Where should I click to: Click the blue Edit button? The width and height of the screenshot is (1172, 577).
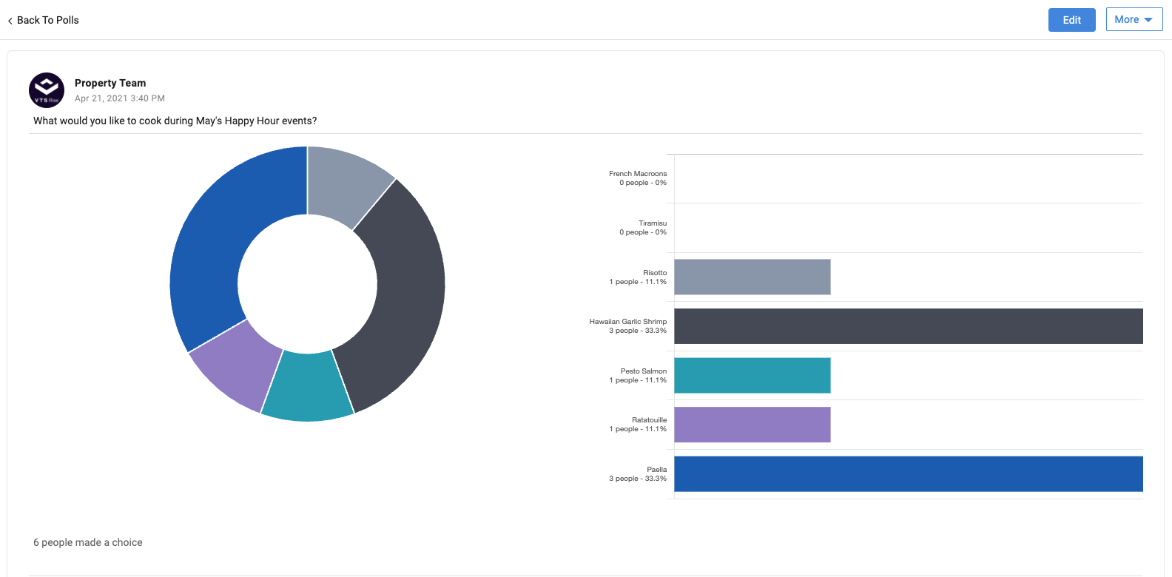[x=1071, y=20]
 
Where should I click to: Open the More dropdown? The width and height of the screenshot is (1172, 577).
[x=1134, y=20]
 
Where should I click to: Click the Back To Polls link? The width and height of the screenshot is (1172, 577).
[x=44, y=20]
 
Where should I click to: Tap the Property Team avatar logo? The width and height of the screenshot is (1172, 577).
[x=47, y=90]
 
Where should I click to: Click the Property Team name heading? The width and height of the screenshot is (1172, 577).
[x=110, y=83]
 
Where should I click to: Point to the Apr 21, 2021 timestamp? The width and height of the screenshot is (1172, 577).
[x=120, y=98]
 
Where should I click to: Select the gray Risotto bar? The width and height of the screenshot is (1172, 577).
[x=752, y=277]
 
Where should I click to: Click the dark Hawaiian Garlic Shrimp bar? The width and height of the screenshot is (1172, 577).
[x=908, y=326]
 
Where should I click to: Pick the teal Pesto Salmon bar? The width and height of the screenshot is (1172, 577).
[x=752, y=375]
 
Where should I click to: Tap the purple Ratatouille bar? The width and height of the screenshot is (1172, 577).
[x=752, y=425]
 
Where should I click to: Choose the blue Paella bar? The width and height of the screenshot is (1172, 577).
[x=908, y=474]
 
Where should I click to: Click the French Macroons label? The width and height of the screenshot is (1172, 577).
[x=638, y=174]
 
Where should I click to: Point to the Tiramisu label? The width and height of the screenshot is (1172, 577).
[x=653, y=223]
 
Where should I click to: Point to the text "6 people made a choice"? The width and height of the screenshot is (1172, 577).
[x=88, y=542]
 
